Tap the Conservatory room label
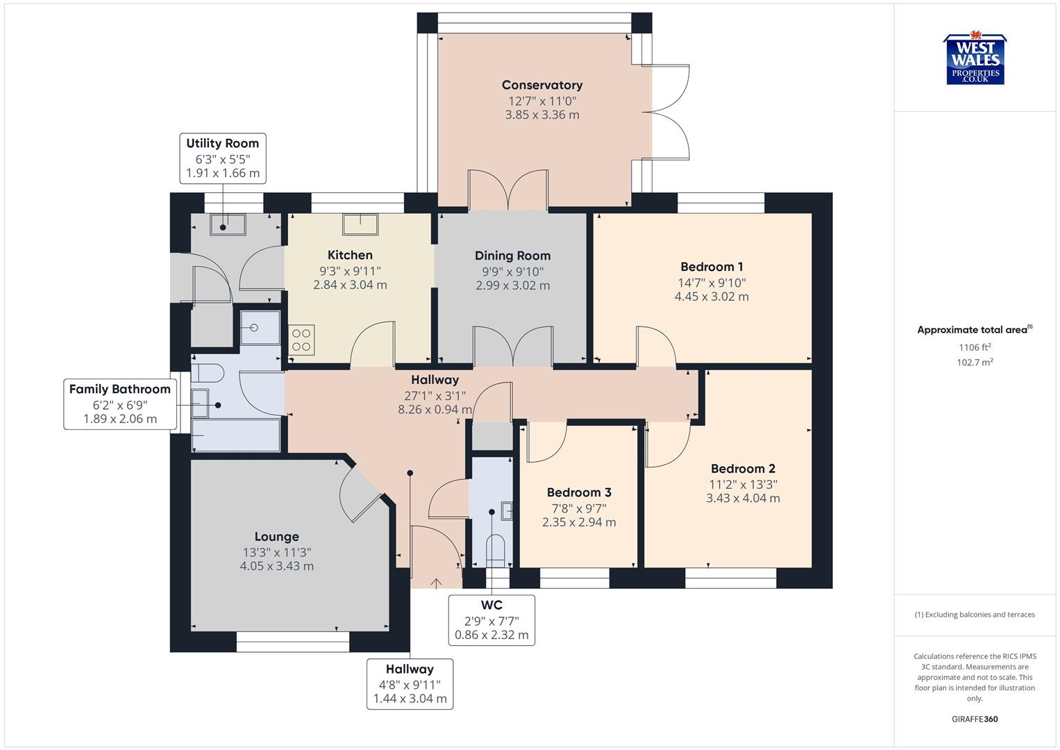click(x=541, y=85)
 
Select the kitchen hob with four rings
click(x=301, y=340)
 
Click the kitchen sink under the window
click(x=360, y=224)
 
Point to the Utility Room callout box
click(x=222, y=158)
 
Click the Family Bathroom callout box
click(x=119, y=404)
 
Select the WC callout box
click(x=491, y=620)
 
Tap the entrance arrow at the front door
click(x=436, y=583)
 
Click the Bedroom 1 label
click(x=712, y=267)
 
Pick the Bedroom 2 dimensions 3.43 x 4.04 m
click(x=743, y=498)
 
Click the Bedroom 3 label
click(x=578, y=492)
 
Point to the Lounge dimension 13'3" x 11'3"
click(x=276, y=552)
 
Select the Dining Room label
click(x=512, y=256)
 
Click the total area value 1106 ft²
click(x=975, y=347)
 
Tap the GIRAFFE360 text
click(x=975, y=719)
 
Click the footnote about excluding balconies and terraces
click(x=975, y=615)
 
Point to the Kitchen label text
click(x=350, y=255)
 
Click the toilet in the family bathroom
click(x=208, y=374)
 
